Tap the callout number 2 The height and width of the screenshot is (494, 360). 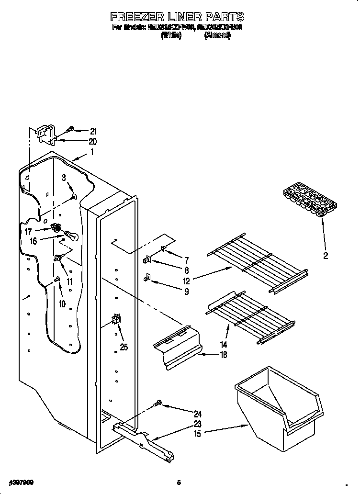pyautogui.click(x=326, y=256)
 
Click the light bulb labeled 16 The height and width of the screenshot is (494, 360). pyautogui.click(x=70, y=236)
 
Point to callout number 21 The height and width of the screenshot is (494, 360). pyautogui.click(x=93, y=131)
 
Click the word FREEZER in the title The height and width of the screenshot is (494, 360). pyautogui.click(x=139, y=18)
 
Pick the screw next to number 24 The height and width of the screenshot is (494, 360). pyautogui.click(x=157, y=404)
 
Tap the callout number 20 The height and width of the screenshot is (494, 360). pyautogui.click(x=93, y=141)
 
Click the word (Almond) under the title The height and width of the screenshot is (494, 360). pyautogui.click(x=217, y=35)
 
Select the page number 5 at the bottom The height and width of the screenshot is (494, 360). pyautogui.click(x=178, y=482)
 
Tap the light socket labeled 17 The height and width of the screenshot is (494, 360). pyautogui.click(x=56, y=228)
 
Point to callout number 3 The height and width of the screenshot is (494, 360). pyautogui.click(x=63, y=178)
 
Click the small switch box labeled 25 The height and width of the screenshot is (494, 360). pyautogui.click(x=115, y=319)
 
